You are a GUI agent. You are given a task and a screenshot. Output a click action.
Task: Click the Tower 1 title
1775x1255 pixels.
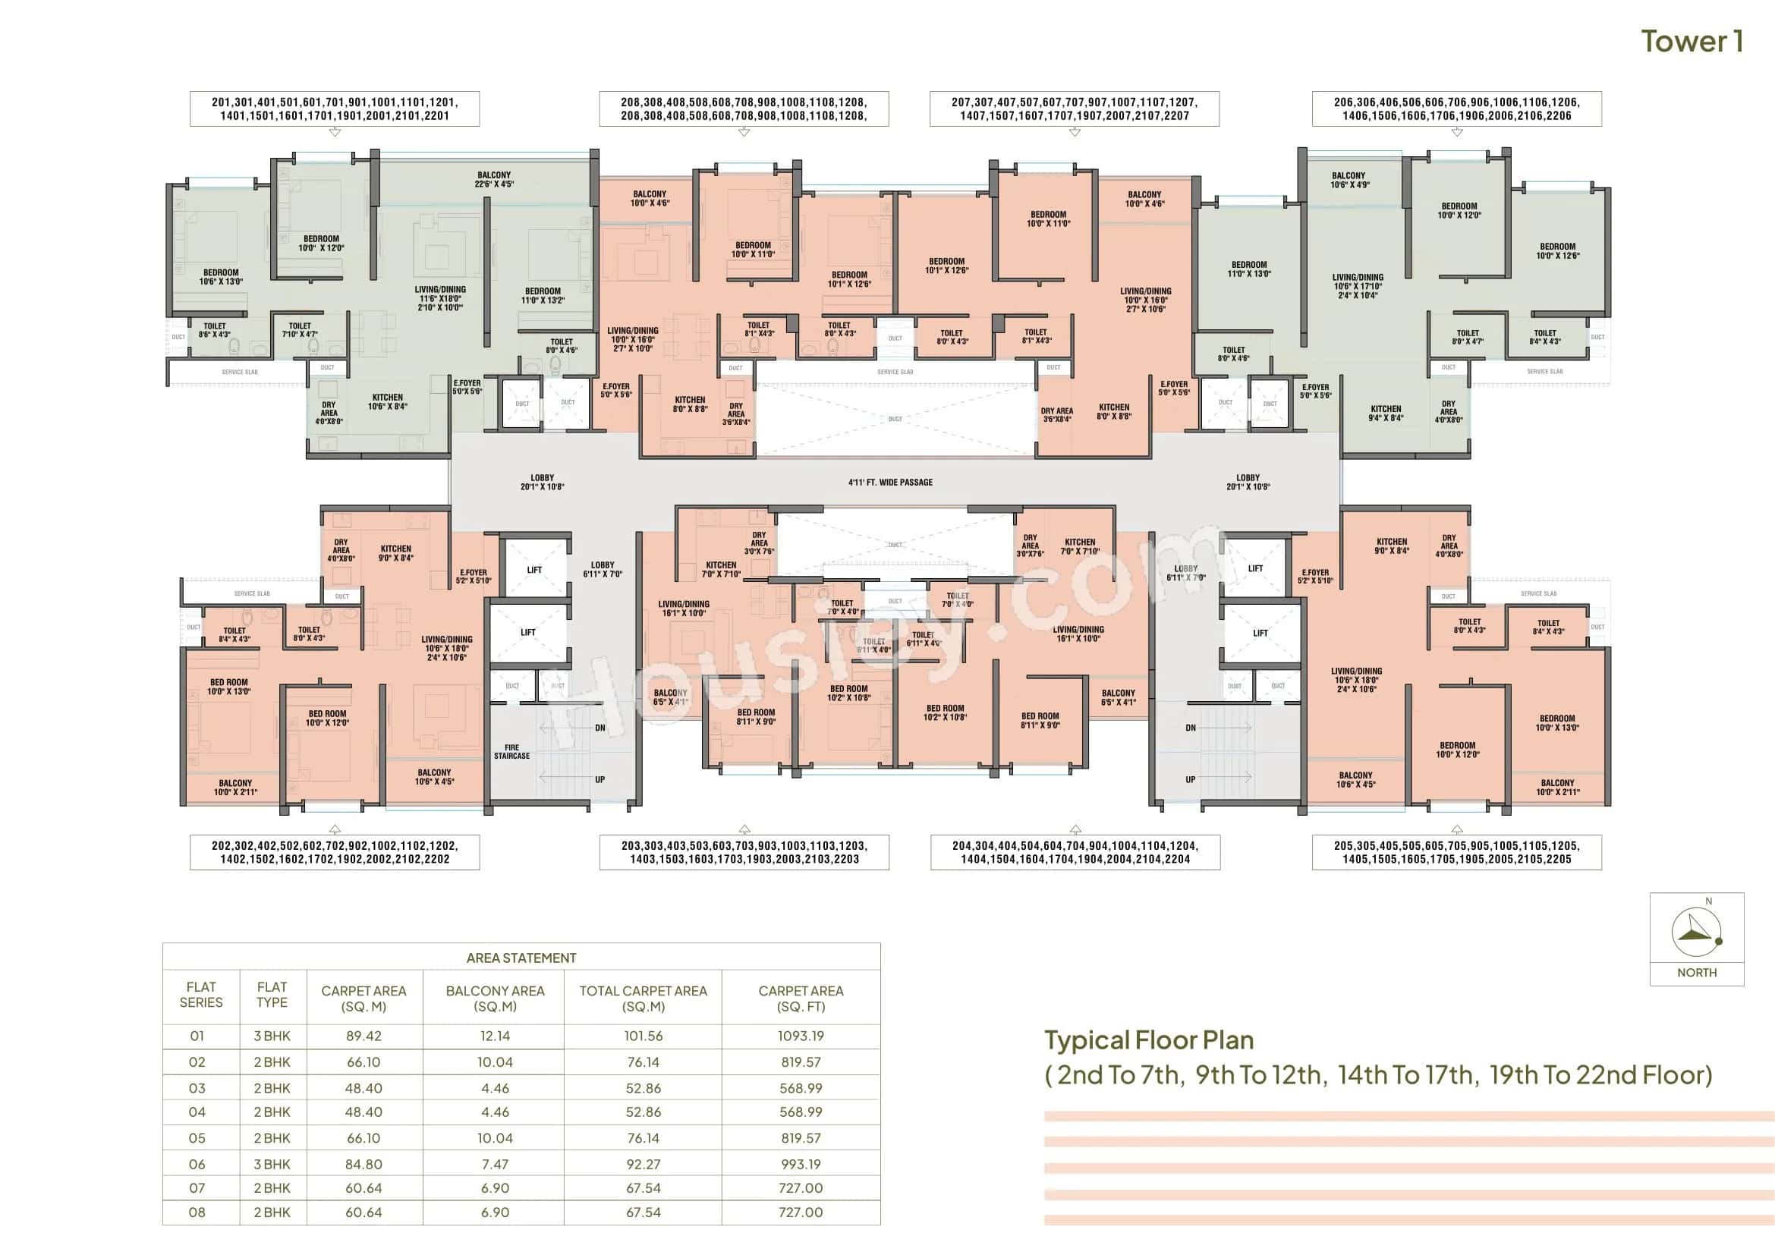pyautogui.click(x=1692, y=42)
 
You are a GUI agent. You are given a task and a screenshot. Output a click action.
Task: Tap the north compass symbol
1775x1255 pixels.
pyautogui.click(x=1696, y=932)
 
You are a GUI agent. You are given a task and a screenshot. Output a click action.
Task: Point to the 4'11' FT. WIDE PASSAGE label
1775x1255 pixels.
pyautogui.click(x=890, y=483)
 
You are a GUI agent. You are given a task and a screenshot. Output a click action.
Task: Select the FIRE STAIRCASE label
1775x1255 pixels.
pyautogui.click(x=511, y=751)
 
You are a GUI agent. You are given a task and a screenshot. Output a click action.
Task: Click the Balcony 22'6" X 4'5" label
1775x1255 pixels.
pyautogui.click(x=494, y=179)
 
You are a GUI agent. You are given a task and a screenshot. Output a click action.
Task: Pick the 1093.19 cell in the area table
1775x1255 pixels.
pyautogui.click(x=800, y=1036)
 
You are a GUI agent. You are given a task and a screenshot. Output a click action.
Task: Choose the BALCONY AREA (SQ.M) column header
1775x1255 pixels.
pyautogui.click(x=495, y=998)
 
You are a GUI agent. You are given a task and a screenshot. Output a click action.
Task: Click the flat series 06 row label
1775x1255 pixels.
pyautogui.click(x=197, y=1164)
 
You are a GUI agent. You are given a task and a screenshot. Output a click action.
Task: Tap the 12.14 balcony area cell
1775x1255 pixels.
pyautogui.click(x=495, y=1036)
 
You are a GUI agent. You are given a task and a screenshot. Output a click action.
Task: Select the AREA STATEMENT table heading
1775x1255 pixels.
pyautogui.click(x=521, y=958)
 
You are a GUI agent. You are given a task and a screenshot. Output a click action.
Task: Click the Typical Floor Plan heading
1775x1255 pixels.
pyautogui.click(x=1149, y=1040)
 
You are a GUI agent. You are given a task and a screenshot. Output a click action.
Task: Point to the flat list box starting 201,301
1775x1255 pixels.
pyautogui.click(x=335, y=109)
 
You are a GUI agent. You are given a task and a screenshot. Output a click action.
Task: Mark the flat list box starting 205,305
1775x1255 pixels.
pyautogui.click(x=1456, y=852)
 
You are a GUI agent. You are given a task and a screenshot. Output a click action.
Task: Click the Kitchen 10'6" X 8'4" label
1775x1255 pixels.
pyautogui.click(x=387, y=402)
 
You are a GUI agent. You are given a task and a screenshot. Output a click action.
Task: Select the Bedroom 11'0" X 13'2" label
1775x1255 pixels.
pyautogui.click(x=543, y=296)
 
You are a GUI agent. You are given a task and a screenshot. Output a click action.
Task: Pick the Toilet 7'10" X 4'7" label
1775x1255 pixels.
pyautogui.click(x=300, y=330)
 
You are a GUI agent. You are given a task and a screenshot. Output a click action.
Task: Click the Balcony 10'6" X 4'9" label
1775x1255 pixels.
pyautogui.click(x=1349, y=180)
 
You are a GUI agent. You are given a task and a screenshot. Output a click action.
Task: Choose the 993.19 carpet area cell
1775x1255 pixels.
pyautogui.click(x=800, y=1164)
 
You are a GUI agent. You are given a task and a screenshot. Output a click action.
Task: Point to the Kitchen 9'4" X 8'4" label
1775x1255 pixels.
pyautogui.click(x=1386, y=414)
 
